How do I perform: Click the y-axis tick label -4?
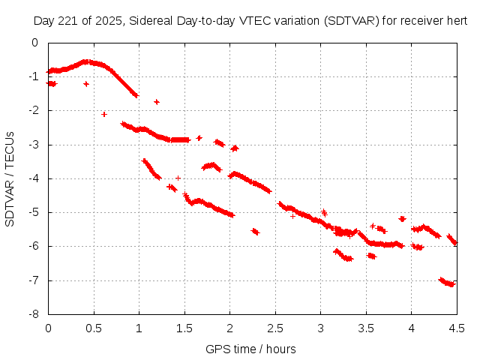point(34,178)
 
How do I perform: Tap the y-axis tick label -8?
point(34,314)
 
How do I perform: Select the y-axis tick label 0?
point(37,43)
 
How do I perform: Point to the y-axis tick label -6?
point(34,246)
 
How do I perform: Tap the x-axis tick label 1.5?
point(184,328)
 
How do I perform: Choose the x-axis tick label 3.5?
point(366,328)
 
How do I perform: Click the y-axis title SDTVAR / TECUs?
point(10,178)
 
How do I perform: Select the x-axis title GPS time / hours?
point(252,349)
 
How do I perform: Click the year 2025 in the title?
point(108,22)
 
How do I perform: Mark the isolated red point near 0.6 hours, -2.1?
point(104,114)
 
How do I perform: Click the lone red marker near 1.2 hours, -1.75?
point(157,102)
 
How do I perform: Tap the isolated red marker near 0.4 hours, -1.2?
point(86,84)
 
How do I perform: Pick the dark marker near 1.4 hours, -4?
point(178,178)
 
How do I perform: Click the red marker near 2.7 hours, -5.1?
point(293,216)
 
